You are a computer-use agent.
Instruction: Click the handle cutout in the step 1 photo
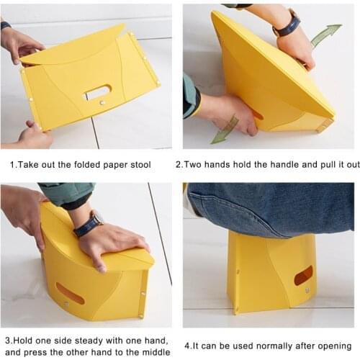point(99,92)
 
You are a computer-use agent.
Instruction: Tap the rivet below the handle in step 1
point(102,103)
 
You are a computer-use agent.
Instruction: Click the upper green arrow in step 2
point(326,35)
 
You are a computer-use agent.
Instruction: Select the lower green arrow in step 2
point(225,130)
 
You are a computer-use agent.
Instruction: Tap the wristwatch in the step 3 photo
point(89,223)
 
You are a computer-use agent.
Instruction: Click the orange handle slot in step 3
point(70,294)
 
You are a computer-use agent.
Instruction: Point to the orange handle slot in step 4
point(304,275)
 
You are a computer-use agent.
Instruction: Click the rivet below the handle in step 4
point(307,291)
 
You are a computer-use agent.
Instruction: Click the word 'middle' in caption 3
point(156,352)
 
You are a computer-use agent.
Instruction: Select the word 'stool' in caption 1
point(140,165)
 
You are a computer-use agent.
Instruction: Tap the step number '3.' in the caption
point(9,341)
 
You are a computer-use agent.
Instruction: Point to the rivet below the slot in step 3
point(66,305)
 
